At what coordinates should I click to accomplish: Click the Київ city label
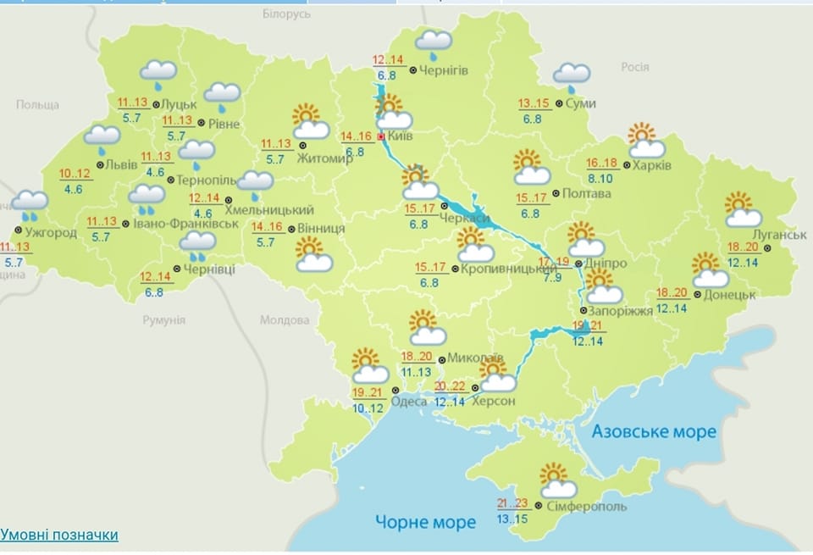pyautogui.click(x=402, y=136)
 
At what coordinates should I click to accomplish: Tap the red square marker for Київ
pyautogui.click(x=381, y=136)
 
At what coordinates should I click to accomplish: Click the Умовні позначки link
pyautogui.click(x=59, y=535)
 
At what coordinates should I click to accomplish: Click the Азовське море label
pyautogui.click(x=654, y=432)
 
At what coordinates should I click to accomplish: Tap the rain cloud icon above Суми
pyautogui.click(x=572, y=76)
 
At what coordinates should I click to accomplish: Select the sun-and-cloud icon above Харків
pyautogui.click(x=645, y=141)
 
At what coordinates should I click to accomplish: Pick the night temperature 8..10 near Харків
pyautogui.click(x=603, y=179)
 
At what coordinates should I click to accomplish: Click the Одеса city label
pyautogui.click(x=410, y=401)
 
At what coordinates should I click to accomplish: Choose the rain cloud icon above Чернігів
pyautogui.click(x=434, y=42)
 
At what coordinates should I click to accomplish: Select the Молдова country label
pyautogui.click(x=284, y=321)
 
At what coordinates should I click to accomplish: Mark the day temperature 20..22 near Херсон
pyautogui.click(x=450, y=387)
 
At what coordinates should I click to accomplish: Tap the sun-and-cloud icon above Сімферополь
pyautogui.click(x=557, y=480)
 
